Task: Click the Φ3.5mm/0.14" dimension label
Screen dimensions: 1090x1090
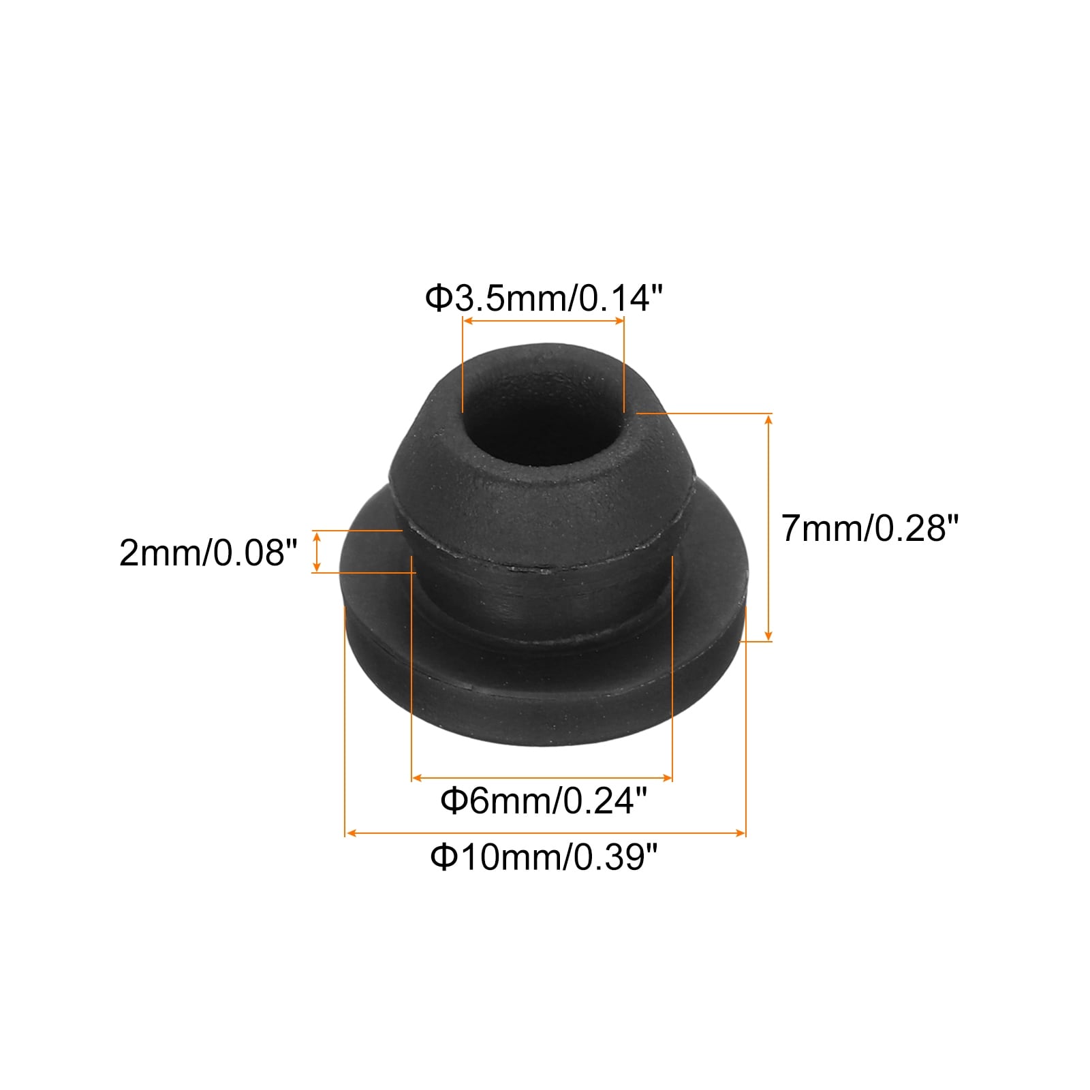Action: [x=544, y=298]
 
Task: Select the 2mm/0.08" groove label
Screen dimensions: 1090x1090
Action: [x=208, y=552]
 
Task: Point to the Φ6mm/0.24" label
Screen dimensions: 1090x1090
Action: [x=544, y=800]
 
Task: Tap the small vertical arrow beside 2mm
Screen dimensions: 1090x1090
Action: [x=316, y=552]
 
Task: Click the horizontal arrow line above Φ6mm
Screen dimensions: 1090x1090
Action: [x=542, y=777]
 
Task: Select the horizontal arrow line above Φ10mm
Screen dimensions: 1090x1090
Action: [x=546, y=832]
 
